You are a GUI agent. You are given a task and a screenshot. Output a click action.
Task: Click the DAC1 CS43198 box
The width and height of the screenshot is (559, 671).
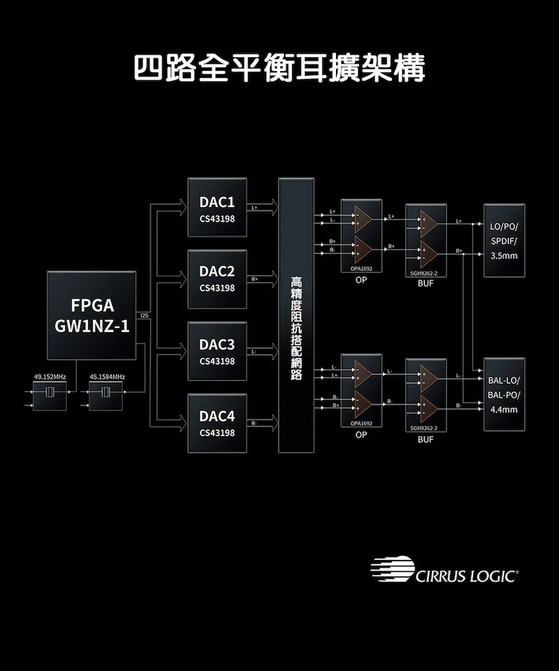coord(217,207)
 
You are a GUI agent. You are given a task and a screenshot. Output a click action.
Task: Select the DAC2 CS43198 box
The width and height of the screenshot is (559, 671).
coord(217,279)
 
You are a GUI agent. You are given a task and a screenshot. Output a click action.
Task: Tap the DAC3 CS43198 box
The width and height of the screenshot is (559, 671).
coord(217,351)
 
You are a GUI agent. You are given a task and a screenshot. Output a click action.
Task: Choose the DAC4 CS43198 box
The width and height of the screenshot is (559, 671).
coord(217,423)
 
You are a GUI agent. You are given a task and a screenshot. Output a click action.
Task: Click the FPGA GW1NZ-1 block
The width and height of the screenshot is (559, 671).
coord(91,315)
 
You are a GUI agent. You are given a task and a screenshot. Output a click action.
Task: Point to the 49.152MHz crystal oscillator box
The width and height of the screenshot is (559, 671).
coord(50,393)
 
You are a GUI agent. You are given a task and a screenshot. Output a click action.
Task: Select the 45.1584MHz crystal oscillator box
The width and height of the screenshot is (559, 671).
coord(106,393)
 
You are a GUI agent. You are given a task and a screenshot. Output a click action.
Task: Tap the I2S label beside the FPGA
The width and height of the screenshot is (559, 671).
coord(144,316)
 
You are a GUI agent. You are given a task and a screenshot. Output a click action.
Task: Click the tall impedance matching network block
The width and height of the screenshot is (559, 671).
coord(296,315)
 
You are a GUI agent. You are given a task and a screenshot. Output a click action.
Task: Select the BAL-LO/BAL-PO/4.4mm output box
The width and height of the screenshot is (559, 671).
coord(504,394)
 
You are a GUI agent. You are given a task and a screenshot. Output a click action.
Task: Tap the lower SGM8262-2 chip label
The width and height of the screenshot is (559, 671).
coord(424,428)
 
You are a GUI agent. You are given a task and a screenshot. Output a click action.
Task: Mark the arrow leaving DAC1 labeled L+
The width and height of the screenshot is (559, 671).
coord(262,209)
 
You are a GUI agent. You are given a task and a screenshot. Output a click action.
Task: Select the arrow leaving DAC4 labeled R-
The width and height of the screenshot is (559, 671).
coord(262,424)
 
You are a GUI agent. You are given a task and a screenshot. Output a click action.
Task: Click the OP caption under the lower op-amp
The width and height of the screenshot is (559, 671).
coord(361,435)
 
